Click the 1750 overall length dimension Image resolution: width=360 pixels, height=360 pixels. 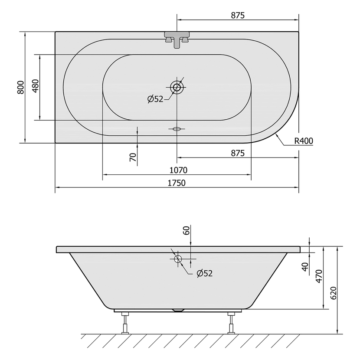[177, 183]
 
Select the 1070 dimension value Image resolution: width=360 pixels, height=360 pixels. [178, 170]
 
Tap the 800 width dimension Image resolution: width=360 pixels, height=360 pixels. [21, 87]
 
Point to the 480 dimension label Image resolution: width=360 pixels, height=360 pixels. [36, 86]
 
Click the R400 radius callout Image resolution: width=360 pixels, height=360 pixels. [304, 141]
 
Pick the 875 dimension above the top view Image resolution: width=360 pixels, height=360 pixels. [238, 15]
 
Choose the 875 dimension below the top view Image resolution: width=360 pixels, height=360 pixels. [238, 153]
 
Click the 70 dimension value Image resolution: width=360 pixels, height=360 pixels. [133, 157]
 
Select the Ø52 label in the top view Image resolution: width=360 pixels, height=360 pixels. [155, 99]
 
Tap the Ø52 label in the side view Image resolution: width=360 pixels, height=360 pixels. [205, 273]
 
